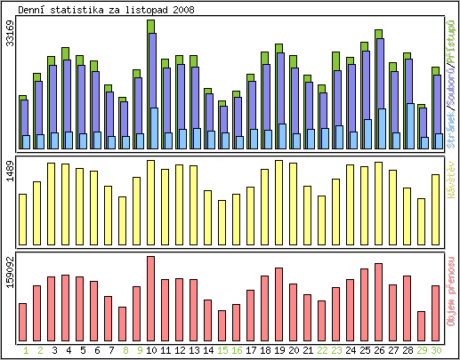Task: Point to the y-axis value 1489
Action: click(x=9, y=173)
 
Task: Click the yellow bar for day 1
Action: click(x=22, y=219)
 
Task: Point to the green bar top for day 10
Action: click(x=151, y=26)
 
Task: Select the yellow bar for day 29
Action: click(x=421, y=221)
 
